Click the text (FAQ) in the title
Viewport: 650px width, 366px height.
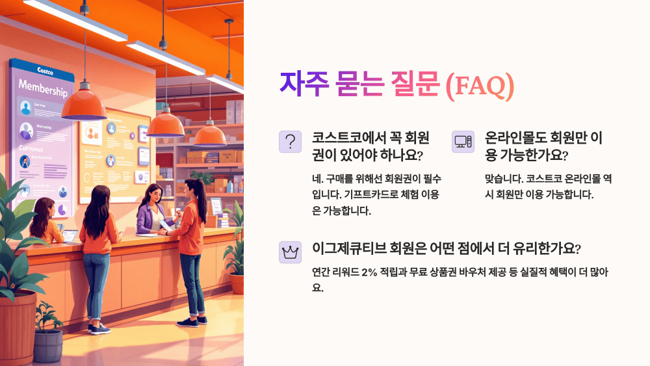[x=480, y=85]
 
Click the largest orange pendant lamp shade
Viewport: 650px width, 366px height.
[x=84, y=105]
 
